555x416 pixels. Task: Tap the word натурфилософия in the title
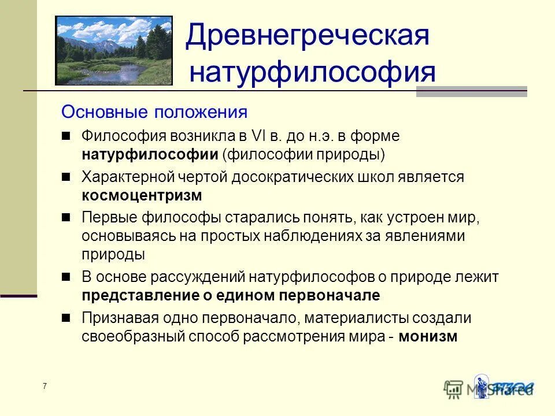click(x=313, y=73)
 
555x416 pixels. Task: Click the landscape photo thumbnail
click(x=114, y=51)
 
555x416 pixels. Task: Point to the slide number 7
click(x=45, y=386)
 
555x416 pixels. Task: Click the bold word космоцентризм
click(x=142, y=195)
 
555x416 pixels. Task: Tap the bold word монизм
click(x=428, y=336)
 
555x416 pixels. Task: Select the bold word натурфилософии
click(x=149, y=155)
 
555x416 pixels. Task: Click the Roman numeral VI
click(x=257, y=136)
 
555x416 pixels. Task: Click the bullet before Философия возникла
click(x=66, y=136)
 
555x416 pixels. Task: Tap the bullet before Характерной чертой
click(x=66, y=176)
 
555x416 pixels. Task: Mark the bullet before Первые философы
click(x=66, y=217)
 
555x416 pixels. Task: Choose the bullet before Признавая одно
click(x=66, y=317)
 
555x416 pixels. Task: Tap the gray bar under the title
click(x=471, y=91)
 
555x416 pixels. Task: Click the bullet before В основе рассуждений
click(x=66, y=277)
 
